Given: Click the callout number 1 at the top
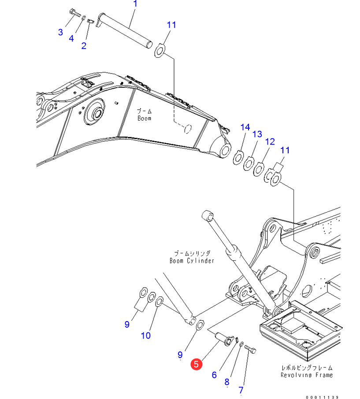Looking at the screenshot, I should tap(135, 4).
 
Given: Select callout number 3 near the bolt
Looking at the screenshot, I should tap(61, 32).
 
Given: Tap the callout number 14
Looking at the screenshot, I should tap(245, 127).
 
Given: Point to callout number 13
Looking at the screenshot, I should tap(257, 134).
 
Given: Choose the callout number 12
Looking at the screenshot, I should tap(270, 141).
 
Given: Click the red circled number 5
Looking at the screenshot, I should tap(196, 364).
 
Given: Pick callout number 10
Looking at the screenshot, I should tap(145, 336).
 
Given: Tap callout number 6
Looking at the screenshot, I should tap(214, 375).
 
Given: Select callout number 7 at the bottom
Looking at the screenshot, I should tap(241, 390).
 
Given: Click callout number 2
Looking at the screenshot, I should tap(84, 45).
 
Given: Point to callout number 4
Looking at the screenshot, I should tap(71, 38).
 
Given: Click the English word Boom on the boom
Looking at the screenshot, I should tap(144, 118).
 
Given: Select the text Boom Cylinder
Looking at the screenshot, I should tap(192, 260).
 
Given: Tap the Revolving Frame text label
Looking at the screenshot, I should tap(307, 375).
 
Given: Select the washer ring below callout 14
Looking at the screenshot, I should tap(238, 157).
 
